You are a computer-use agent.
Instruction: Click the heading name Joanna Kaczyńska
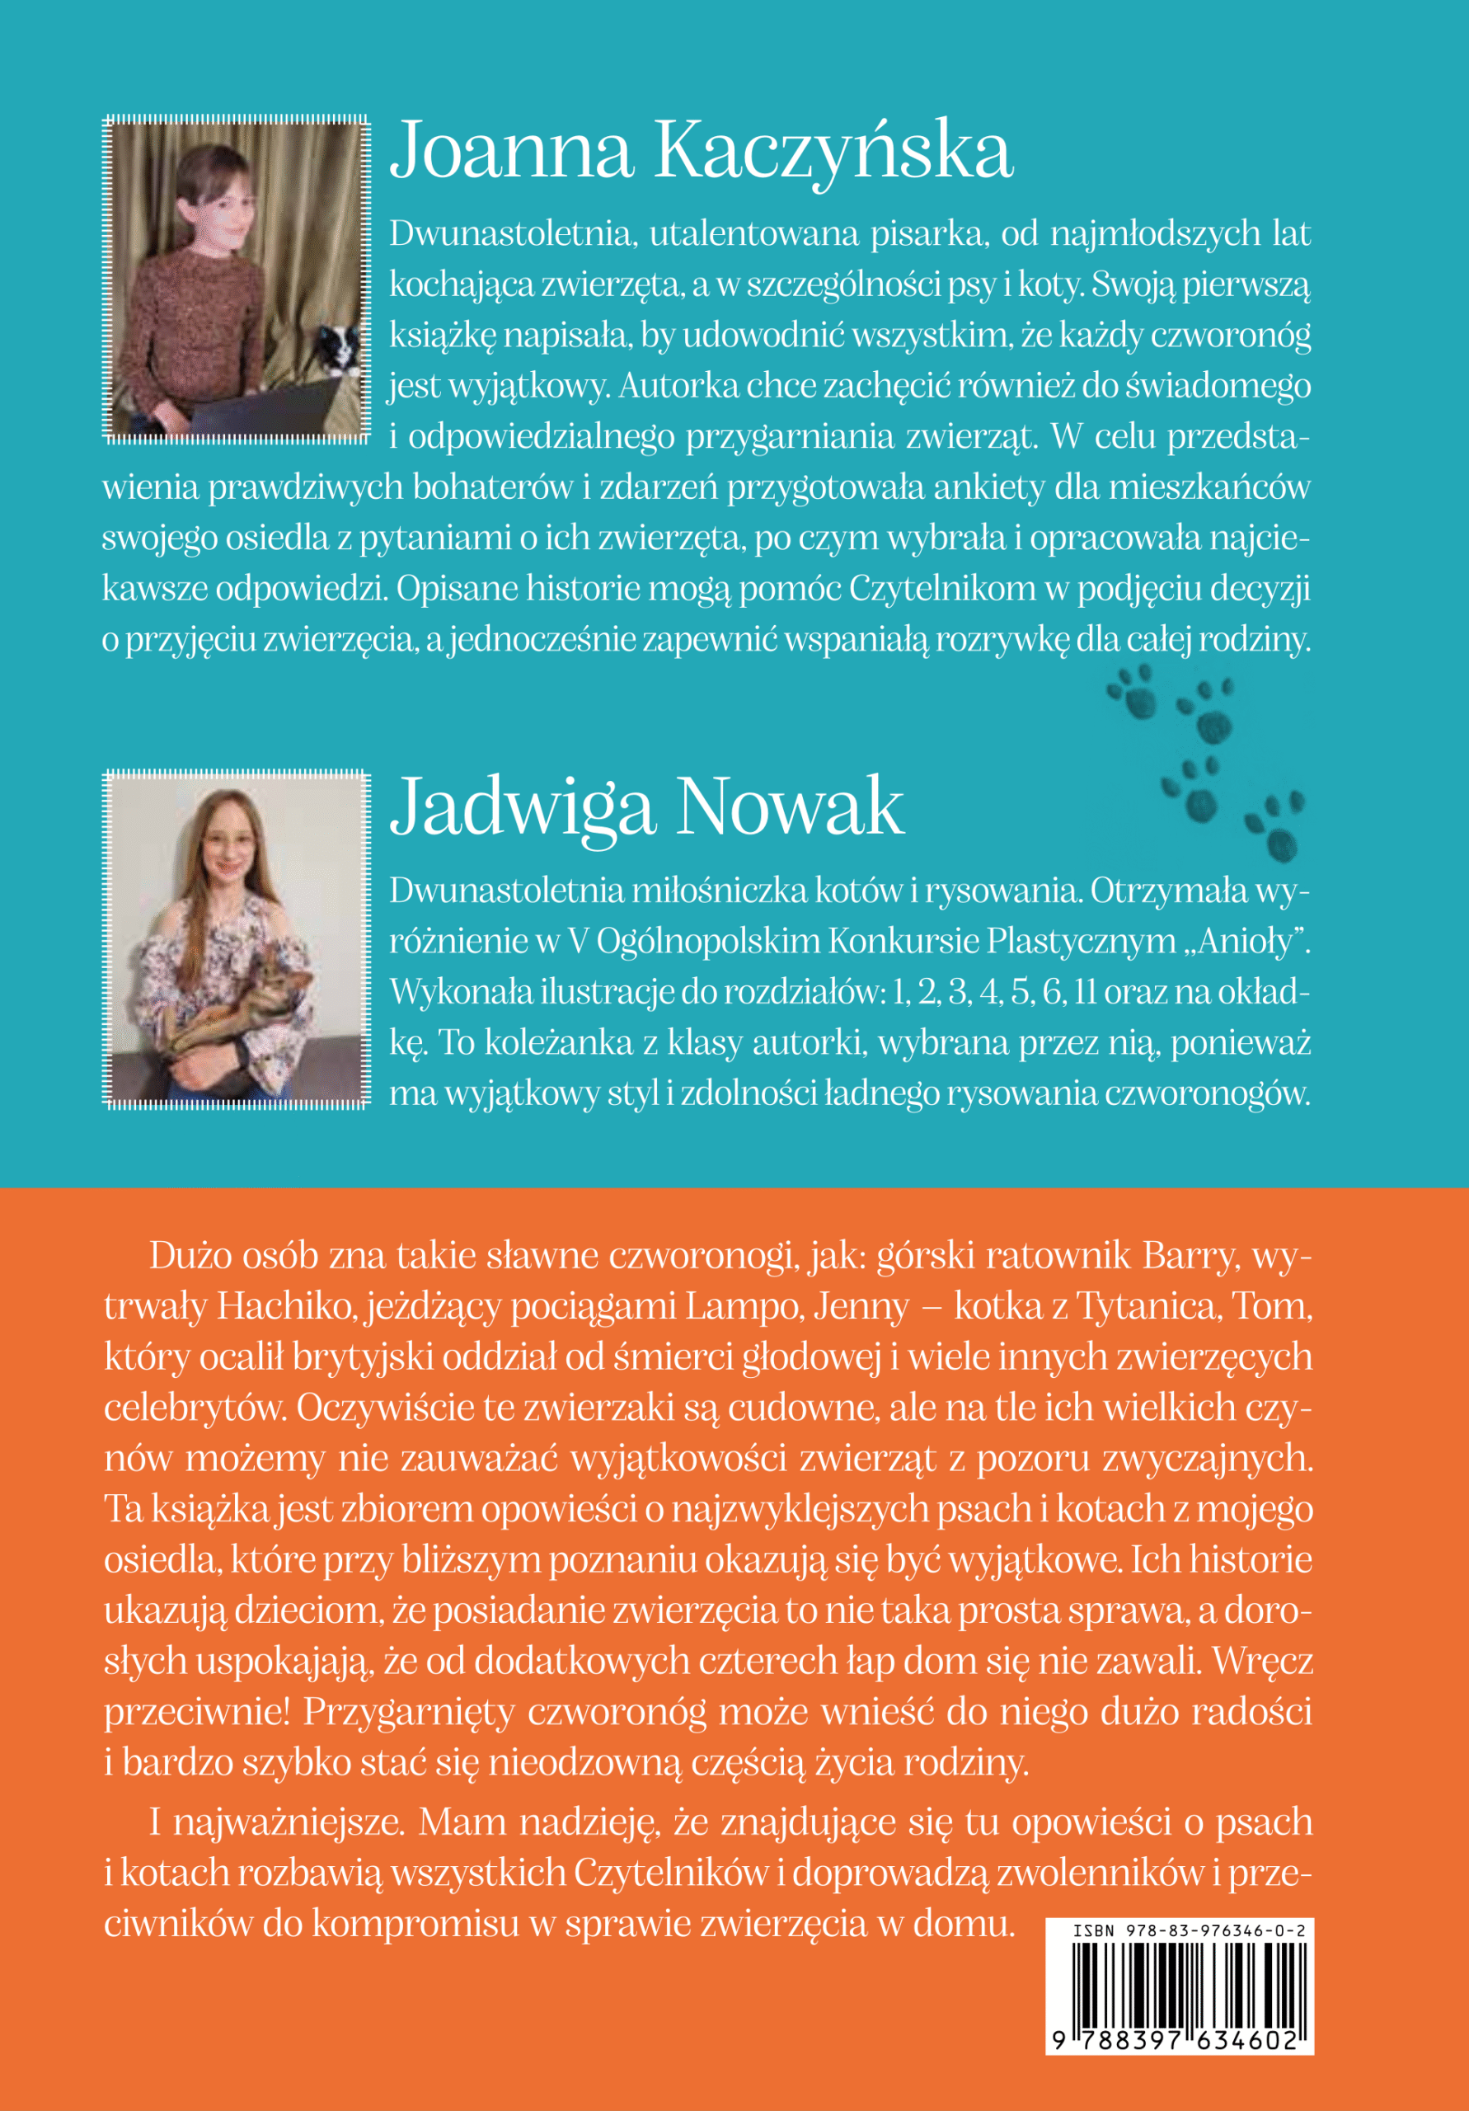(x=702, y=153)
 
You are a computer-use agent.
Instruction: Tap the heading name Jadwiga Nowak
(x=647, y=806)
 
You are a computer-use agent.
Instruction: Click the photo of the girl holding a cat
(x=237, y=938)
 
